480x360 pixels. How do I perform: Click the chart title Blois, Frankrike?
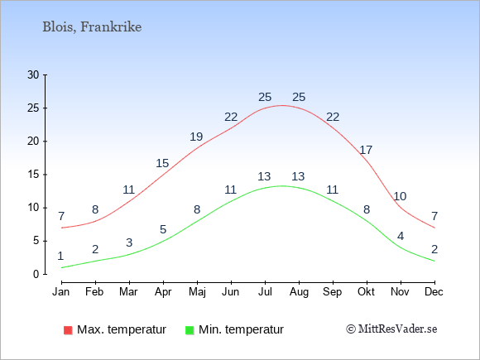92,27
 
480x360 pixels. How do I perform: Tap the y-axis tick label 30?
33,74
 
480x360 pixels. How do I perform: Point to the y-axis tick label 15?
33,175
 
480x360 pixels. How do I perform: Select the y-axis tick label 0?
36,274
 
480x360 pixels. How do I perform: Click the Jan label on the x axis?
61,292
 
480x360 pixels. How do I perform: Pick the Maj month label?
197,292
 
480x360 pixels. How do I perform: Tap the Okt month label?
366,292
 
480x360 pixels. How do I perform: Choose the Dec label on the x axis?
434,292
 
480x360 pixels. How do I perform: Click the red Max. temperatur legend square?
68,330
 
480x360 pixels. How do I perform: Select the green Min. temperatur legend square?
190,330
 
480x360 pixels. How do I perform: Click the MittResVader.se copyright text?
391,329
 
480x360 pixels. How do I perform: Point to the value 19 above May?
196,137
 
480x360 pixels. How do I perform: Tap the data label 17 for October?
366,150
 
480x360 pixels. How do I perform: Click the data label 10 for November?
400,196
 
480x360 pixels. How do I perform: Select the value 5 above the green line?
163,229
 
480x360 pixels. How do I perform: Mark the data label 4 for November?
401,236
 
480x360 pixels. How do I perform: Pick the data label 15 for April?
162,163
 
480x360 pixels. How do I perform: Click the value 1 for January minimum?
60,256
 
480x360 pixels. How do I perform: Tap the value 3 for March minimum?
129,242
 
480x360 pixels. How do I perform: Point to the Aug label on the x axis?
299,292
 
